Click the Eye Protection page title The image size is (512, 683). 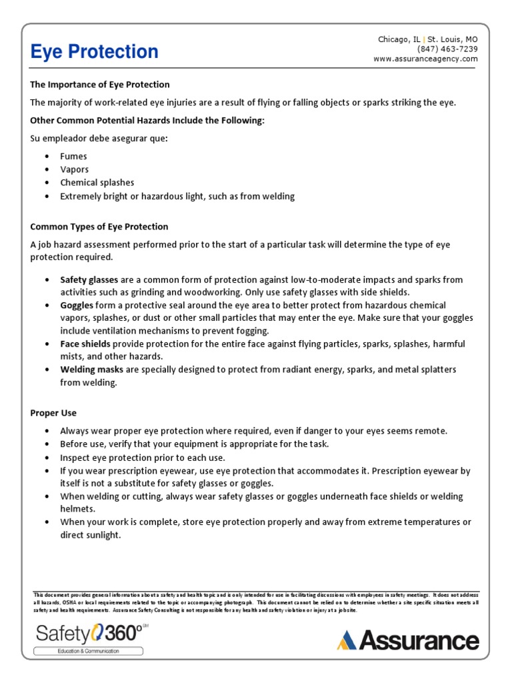tap(95, 52)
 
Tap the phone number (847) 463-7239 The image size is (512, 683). tap(447, 49)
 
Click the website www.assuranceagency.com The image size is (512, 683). tap(425, 59)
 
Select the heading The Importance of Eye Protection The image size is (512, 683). tap(100, 85)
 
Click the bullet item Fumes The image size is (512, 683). tap(73, 156)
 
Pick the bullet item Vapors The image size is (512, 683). tap(74, 169)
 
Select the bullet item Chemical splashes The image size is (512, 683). tap(97, 183)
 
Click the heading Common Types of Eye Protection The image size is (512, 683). tap(99, 227)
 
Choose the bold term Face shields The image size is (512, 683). tap(85, 344)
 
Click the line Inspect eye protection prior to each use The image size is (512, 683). tap(143, 458)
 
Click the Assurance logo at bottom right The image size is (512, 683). tap(408, 640)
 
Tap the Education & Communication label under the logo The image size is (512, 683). tap(88, 651)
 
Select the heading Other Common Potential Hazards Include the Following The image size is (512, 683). tap(147, 120)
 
